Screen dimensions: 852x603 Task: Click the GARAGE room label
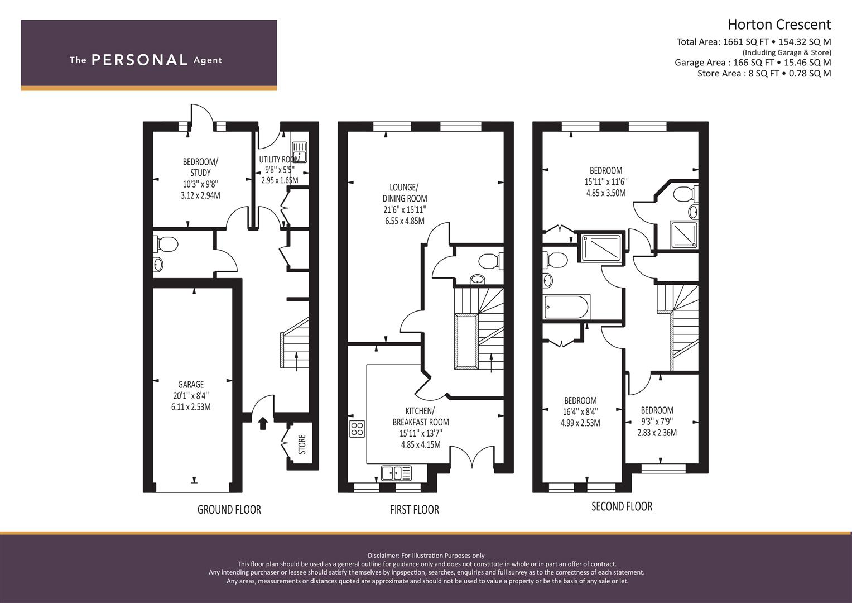[x=191, y=385]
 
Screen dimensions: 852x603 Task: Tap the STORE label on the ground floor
[x=302, y=444]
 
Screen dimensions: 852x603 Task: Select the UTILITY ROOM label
[x=280, y=160]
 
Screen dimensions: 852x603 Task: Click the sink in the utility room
[x=300, y=152]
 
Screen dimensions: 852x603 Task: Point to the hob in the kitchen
[x=357, y=429]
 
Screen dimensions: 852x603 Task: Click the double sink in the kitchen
[x=396, y=473]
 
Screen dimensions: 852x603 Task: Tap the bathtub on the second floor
[x=567, y=307]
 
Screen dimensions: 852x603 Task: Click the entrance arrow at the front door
[x=263, y=423]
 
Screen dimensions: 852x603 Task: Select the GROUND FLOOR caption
[x=229, y=509]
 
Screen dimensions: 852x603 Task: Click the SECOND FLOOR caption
[x=622, y=506]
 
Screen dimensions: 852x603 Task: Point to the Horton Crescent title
[x=779, y=25]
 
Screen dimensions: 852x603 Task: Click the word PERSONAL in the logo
[x=139, y=60]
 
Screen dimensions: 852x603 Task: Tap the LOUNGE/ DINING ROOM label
[x=405, y=193]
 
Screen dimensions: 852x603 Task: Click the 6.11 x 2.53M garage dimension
[x=191, y=407]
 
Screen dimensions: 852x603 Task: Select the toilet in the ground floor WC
[x=166, y=245]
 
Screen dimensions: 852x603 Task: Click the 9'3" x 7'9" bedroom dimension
[x=657, y=422]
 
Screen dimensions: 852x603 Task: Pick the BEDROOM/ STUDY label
[x=200, y=167]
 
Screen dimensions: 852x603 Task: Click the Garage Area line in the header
[x=753, y=63]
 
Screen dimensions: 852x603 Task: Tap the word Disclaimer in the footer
[x=383, y=556]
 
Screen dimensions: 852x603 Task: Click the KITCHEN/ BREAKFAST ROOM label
[x=421, y=417]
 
